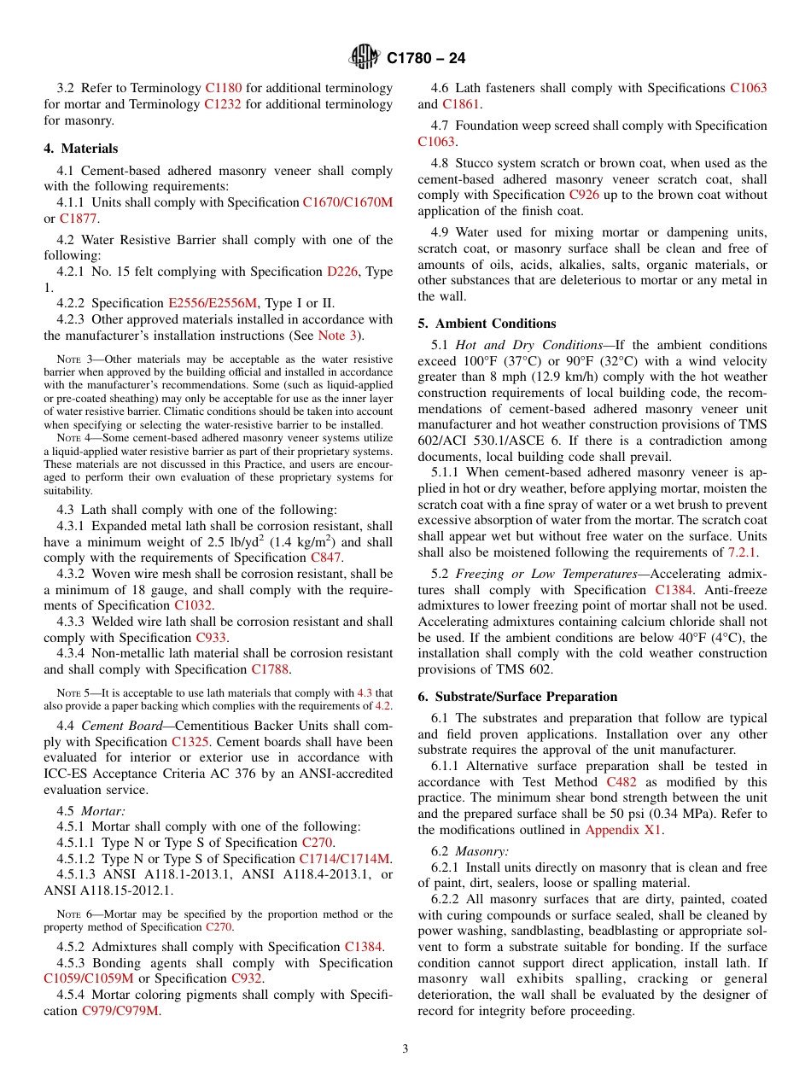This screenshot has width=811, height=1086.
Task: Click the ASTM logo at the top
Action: [365, 57]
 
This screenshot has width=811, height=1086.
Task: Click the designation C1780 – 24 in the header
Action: [426, 58]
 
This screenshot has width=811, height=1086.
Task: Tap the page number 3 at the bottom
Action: [405, 1048]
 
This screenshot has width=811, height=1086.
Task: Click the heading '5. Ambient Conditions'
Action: [487, 324]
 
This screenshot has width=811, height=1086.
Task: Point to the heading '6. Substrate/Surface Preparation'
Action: [517, 697]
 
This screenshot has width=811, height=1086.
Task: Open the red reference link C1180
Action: [224, 88]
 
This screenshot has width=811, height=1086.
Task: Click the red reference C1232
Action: [222, 104]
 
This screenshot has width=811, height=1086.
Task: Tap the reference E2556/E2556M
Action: [213, 303]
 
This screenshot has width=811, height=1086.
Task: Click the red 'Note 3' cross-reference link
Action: [339, 336]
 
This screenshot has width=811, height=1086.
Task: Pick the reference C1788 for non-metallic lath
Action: [271, 669]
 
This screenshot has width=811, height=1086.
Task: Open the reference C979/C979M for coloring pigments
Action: [120, 1011]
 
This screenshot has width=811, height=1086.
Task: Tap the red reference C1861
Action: [461, 104]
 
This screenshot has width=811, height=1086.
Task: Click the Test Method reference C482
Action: [621, 781]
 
